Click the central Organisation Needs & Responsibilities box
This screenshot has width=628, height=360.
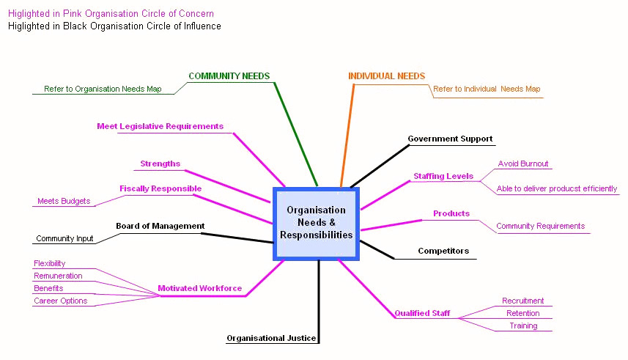pyautogui.click(x=316, y=223)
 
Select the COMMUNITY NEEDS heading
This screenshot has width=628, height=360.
pyautogui.click(x=229, y=76)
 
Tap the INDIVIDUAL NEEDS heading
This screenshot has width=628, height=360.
pyautogui.click(x=386, y=76)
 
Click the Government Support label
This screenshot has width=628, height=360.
pyautogui.click(x=450, y=139)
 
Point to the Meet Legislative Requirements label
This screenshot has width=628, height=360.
pyautogui.click(x=160, y=126)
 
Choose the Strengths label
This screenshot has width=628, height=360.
pyautogui.click(x=160, y=164)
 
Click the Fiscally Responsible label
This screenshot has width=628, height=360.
pyautogui.click(x=160, y=188)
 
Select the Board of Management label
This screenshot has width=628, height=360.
pyautogui.click(x=160, y=226)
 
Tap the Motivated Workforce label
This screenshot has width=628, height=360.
pyautogui.click(x=199, y=288)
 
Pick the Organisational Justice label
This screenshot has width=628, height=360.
pyautogui.click(x=271, y=338)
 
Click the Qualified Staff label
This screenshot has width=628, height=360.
pyautogui.click(x=422, y=313)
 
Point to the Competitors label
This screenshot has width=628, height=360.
pyautogui.click(x=443, y=251)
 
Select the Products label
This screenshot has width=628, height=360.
pyautogui.click(x=451, y=213)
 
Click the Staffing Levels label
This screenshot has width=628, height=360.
pyautogui.click(x=443, y=176)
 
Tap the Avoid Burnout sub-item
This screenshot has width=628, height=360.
pyautogui.click(x=523, y=164)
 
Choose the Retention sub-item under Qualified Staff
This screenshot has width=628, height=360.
pyautogui.click(x=522, y=313)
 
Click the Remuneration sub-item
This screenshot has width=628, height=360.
pyautogui.click(x=58, y=276)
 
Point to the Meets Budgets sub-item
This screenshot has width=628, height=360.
pyautogui.click(x=64, y=201)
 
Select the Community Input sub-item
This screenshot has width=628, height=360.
pyautogui.click(x=64, y=238)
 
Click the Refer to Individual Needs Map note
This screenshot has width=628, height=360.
pyautogui.click(x=487, y=89)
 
